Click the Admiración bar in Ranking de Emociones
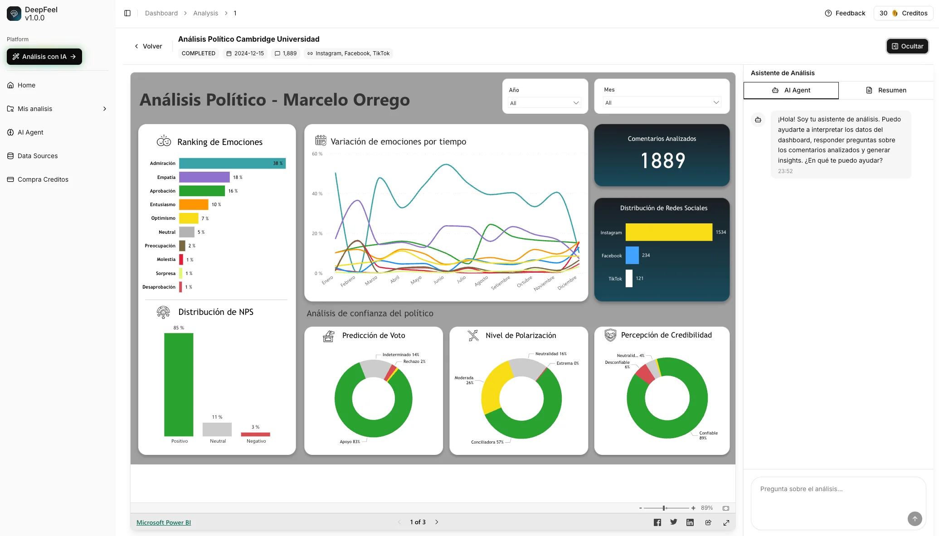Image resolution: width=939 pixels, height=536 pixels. pos(232,163)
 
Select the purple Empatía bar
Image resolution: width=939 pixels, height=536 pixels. pos(204,177)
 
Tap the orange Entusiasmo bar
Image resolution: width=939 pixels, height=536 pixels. pos(194,204)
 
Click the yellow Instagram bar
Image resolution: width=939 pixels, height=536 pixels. pos(668,232)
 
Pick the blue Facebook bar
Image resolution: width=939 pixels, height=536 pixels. pos(632,255)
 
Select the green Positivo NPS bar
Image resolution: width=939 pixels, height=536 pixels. pos(179,384)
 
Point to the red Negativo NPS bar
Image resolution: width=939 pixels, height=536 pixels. pos(256,434)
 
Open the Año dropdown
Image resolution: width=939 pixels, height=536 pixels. pos(544,103)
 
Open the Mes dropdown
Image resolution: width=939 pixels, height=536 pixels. pos(662,102)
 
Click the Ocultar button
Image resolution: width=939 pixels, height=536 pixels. pos(907,46)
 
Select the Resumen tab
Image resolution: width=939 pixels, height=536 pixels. pos(886,90)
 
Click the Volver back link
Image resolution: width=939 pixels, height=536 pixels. pos(148,46)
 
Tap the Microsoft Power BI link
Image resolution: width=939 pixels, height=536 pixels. pos(164,522)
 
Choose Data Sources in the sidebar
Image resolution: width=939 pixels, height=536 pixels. pos(38,156)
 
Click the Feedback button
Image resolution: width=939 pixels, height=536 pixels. pos(845,13)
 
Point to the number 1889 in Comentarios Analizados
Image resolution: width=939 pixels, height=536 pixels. pos(662,161)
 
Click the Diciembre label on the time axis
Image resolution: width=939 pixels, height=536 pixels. pos(567,283)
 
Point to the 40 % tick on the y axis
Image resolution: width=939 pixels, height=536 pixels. pos(317,194)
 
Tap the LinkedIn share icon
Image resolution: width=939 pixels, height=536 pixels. pos(690,522)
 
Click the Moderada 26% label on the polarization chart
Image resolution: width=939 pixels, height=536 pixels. pos(464,380)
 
